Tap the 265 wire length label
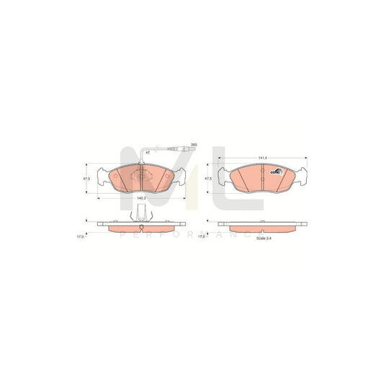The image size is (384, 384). pyautogui.click(x=193, y=146)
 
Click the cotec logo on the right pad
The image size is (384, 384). pyautogui.click(x=274, y=171)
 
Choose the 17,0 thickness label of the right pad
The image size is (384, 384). pyautogui.click(x=202, y=234)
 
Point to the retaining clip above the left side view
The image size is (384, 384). pyautogui.click(x=142, y=214)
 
